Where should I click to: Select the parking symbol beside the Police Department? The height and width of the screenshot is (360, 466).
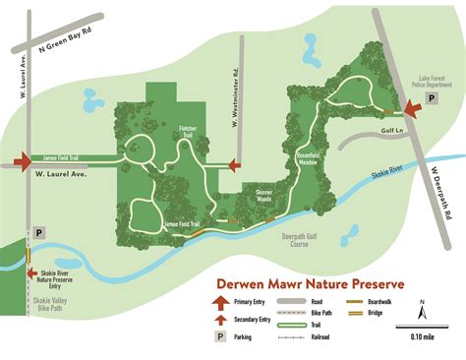399,96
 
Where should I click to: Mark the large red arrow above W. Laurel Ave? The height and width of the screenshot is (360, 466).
23,160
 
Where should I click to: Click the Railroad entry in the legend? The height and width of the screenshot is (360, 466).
328,337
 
